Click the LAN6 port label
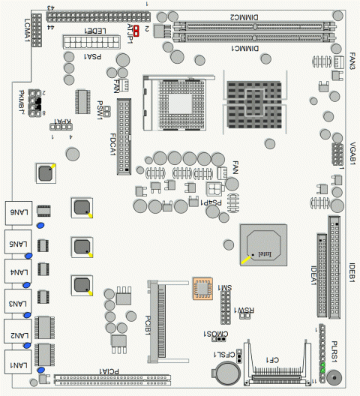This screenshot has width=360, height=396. [x=19, y=213]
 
